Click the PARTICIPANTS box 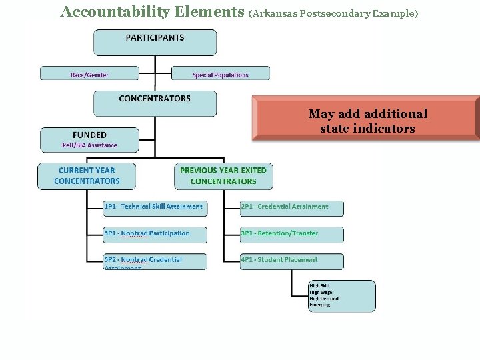click(x=155, y=42)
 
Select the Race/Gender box click(x=89, y=73)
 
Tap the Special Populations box click(x=221, y=73)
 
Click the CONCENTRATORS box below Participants click(x=155, y=103)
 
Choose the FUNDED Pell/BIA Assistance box click(x=90, y=139)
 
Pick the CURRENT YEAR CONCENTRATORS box click(x=87, y=176)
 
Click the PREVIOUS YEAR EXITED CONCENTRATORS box click(x=223, y=176)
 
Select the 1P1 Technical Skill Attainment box click(x=155, y=207)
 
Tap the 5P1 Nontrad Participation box click(x=155, y=234)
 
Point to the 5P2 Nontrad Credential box click(x=155, y=261)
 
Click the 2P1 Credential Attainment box click(x=291, y=207)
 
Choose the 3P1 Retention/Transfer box click(x=291, y=234)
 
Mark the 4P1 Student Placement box click(x=291, y=261)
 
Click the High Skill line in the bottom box click(x=319, y=285)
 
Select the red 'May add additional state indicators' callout click(x=367, y=121)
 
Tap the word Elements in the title click(x=207, y=11)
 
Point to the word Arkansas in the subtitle click(x=278, y=13)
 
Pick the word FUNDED click(x=89, y=135)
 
